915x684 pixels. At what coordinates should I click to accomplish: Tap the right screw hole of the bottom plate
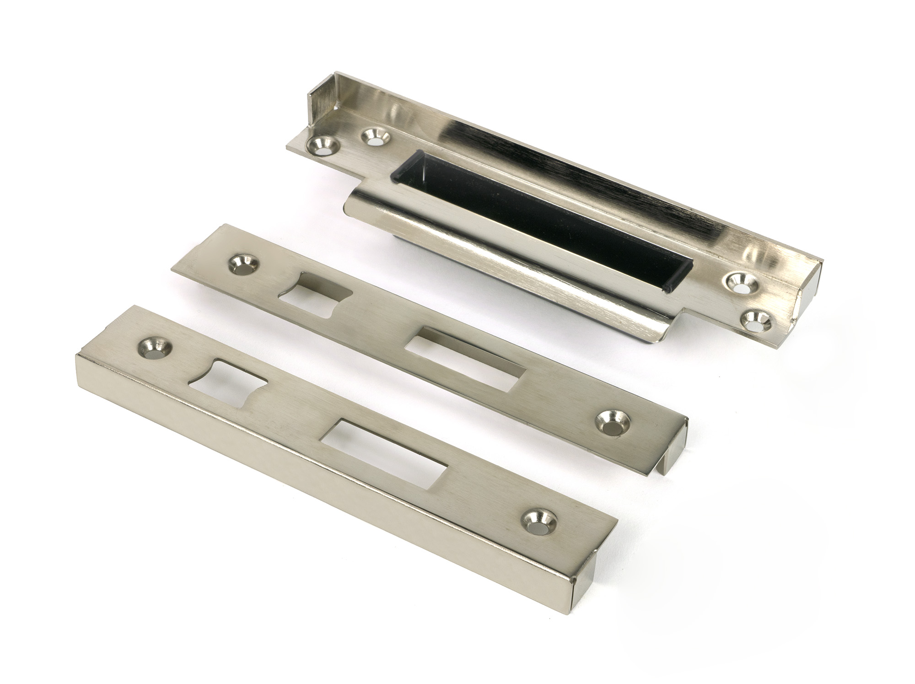536,524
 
